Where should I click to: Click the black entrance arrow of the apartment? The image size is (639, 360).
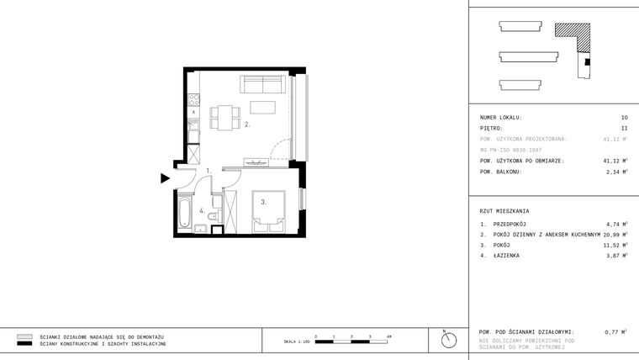(166, 177)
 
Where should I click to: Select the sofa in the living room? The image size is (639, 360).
(263, 84)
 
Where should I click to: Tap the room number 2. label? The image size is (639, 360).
(247, 124)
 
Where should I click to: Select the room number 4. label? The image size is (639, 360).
(202, 210)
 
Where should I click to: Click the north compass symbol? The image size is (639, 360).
(449, 339)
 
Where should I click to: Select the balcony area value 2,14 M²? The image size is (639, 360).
(615, 172)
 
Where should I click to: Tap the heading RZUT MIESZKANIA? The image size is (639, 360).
(504, 211)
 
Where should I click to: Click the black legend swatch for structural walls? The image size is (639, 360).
(24, 344)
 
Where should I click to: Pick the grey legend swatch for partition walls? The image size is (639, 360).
(24, 336)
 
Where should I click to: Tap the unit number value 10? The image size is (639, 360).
(624, 118)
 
